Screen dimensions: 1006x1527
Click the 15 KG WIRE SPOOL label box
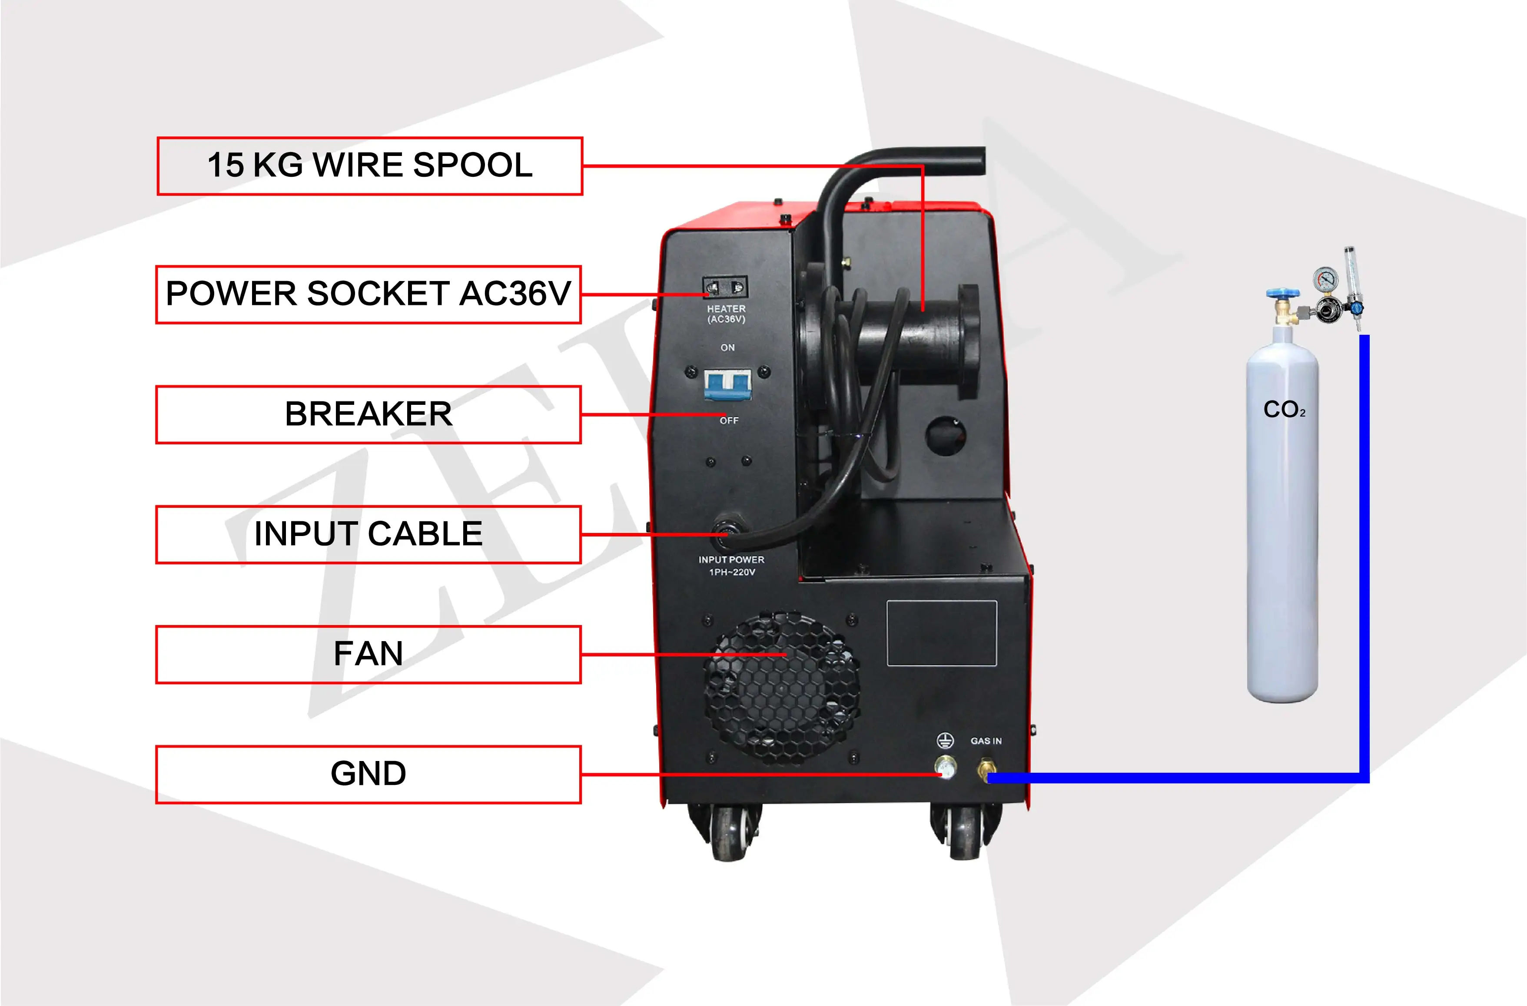point(370,165)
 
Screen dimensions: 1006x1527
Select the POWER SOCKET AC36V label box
point(368,295)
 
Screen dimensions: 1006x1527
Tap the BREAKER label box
point(368,414)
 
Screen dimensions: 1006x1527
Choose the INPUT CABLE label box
point(368,534)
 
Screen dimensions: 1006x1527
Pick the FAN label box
point(368,655)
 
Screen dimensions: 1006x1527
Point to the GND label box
point(368,774)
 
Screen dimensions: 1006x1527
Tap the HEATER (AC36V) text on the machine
point(727,314)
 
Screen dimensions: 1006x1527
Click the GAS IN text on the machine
point(986,741)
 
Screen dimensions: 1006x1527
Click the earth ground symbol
point(945,741)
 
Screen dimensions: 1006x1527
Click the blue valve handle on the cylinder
point(1282,294)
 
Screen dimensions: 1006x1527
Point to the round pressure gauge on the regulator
point(1325,278)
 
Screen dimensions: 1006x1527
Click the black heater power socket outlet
point(725,287)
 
